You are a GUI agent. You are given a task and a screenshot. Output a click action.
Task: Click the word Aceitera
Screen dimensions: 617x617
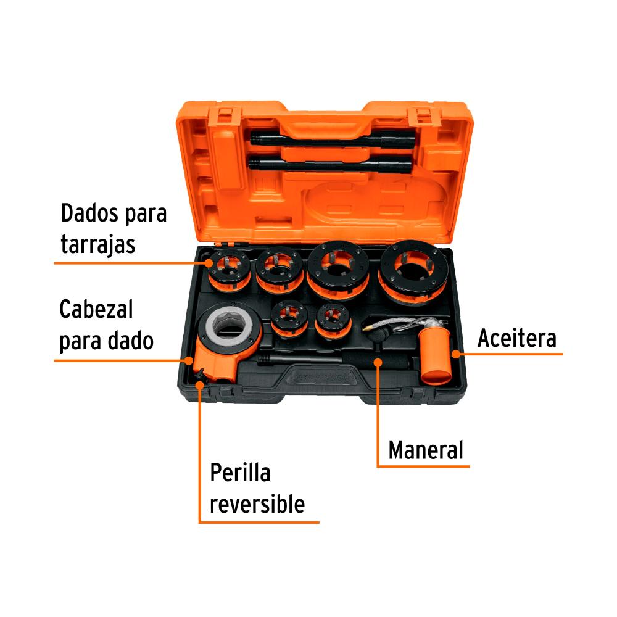pos(516,338)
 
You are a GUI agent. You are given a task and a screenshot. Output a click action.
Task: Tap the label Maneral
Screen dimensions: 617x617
pos(426,450)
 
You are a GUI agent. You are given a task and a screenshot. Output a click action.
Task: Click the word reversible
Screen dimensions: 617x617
pos(257,503)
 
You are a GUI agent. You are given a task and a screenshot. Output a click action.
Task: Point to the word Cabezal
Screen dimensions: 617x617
pos(96,309)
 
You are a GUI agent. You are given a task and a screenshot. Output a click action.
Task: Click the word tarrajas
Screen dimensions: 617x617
pos(98,245)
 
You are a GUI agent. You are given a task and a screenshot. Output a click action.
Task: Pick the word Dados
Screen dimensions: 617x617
pos(89,213)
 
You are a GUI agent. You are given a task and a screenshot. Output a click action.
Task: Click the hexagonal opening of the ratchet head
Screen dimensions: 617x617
pos(229,325)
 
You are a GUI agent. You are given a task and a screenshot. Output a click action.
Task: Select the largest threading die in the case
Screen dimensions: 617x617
pos(413,271)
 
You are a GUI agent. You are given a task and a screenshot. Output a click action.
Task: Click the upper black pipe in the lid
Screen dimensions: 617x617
pos(332,139)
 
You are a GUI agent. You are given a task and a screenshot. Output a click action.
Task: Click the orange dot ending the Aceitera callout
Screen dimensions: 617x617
pos(456,354)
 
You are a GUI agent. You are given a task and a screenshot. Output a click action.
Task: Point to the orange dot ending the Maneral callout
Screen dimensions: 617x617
pos(378,362)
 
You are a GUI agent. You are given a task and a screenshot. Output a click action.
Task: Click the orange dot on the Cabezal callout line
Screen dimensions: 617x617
pos(189,360)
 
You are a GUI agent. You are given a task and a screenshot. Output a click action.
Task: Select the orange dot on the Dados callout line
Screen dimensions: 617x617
pos(209,262)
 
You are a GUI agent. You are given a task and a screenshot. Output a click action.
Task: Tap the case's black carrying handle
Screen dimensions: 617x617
pos(323,378)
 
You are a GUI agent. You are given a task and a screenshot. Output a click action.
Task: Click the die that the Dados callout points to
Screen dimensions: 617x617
pos(229,271)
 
